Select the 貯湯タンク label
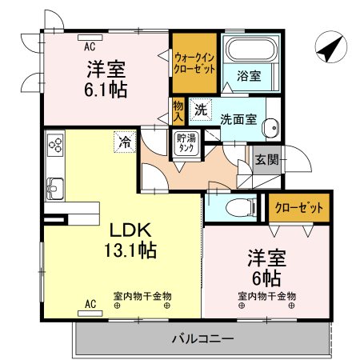tap(186, 142)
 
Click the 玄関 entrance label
tap(266, 159)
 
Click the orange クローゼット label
tap(298, 208)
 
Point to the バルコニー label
tap(202, 338)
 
